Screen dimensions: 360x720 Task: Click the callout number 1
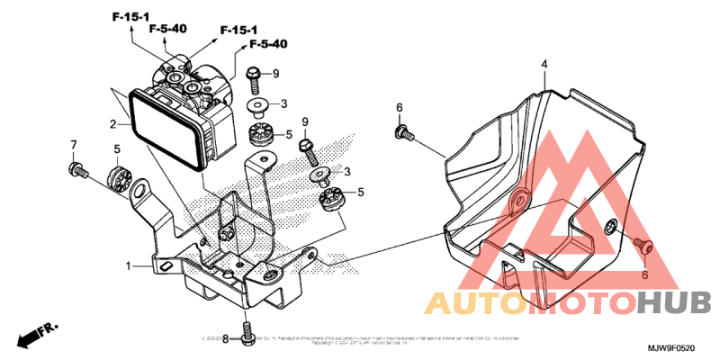129,266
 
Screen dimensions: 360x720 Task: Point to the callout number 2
113,124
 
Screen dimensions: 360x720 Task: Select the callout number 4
544,65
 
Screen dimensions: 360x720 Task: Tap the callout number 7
74,145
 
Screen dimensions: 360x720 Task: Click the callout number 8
225,339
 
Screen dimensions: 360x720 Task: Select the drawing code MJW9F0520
670,346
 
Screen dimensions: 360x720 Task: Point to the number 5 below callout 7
116,148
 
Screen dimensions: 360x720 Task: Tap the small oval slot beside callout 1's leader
167,266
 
